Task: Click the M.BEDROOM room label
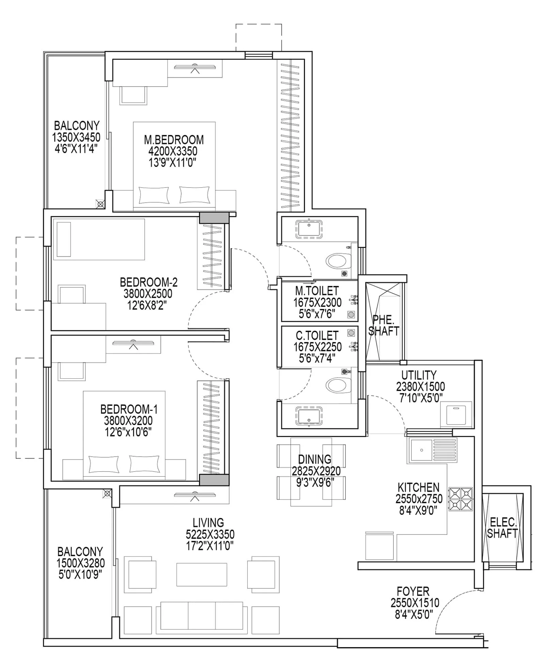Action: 174,140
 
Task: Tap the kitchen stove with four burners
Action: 461,499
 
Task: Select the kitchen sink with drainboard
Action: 432,450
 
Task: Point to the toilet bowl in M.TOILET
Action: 338,261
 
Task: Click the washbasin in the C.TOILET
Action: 309,416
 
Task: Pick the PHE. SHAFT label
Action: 384,325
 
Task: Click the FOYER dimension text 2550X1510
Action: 415,603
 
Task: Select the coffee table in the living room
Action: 202,574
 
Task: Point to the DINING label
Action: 315,459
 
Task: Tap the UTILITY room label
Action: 419,375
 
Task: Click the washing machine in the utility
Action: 456,414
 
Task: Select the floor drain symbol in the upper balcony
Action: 100,204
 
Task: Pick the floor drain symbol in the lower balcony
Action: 107,494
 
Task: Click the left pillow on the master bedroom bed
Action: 154,195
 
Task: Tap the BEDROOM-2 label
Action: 149,282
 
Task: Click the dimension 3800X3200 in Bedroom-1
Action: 128,421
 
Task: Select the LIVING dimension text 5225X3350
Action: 210,534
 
